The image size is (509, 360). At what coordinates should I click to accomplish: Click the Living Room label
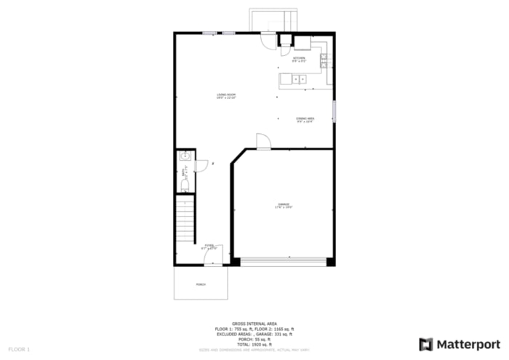pyautogui.click(x=226, y=96)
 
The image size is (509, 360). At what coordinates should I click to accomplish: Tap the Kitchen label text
pyautogui.click(x=300, y=59)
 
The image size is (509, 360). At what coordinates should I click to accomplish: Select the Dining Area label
pyautogui.click(x=305, y=119)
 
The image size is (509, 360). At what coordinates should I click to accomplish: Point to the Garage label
pyautogui.click(x=284, y=205)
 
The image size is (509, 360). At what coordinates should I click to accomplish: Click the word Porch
pyautogui.click(x=200, y=284)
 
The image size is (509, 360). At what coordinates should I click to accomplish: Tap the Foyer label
pyautogui.click(x=209, y=247)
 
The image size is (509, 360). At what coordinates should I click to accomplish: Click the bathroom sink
pyautogui.click(x=185, y=156)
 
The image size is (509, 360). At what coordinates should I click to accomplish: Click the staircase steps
pyautogui.click(x=185, y=220)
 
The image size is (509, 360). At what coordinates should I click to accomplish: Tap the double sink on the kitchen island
pyautogui.click(x=300, y=78)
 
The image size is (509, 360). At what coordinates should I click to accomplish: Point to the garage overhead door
pyautogui.click(x=284, y=260)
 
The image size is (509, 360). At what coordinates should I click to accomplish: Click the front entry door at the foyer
pyautogui.click(x=214, y=257)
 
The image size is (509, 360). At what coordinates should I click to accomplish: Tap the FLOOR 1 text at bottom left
pyautogui.click(x=19, y=350)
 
